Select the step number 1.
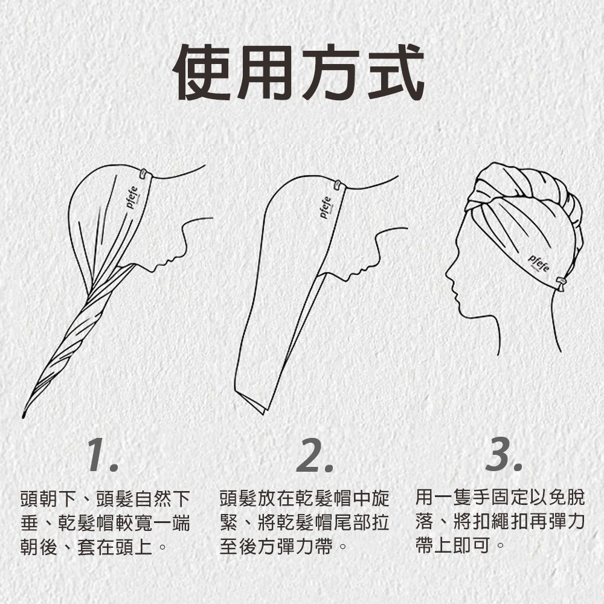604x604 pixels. point(102,456)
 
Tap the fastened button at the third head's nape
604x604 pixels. point(561,282)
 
